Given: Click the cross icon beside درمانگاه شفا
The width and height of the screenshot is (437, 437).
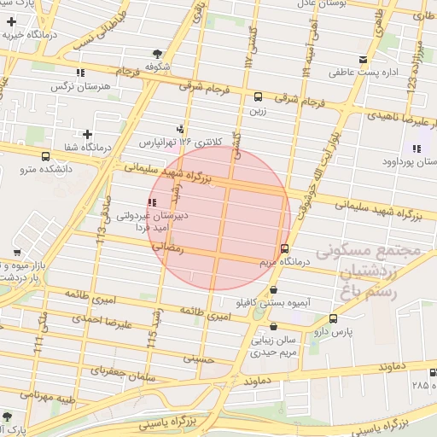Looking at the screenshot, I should [87, 134].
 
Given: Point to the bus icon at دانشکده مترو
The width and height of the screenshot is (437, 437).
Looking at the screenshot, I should [44, 156].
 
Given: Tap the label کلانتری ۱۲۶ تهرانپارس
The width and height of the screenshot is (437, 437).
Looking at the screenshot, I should [179, 140].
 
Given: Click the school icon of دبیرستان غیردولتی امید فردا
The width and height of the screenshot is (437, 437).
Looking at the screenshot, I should [151, 202].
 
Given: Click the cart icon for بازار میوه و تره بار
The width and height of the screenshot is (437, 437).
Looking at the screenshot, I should [17, 252].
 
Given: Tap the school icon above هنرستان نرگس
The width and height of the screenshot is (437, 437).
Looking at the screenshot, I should [80, 73].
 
